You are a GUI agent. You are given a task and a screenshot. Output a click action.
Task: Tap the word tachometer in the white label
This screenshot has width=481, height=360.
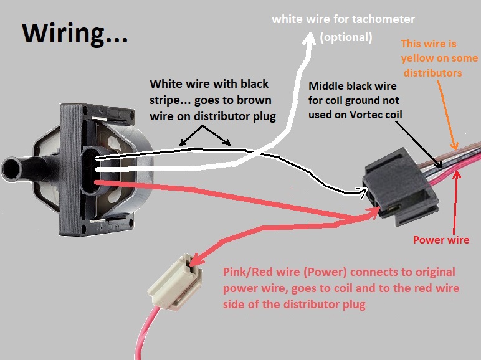click(383, 19)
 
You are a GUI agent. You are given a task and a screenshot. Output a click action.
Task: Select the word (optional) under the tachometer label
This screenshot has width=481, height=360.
click(346, 37)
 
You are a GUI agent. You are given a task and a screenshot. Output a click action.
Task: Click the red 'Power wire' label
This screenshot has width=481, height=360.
click(441, 240)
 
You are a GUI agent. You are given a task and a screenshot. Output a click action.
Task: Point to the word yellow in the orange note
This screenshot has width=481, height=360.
click(417, 58)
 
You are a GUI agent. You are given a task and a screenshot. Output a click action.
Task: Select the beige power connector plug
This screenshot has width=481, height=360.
click(175, 282)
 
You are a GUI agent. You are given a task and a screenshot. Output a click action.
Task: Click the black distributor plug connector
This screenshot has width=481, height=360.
click(401, 187)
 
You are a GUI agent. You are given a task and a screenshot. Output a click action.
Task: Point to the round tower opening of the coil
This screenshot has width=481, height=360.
click(12, 169)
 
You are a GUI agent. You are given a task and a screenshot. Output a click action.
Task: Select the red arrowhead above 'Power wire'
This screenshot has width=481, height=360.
click(457, 176)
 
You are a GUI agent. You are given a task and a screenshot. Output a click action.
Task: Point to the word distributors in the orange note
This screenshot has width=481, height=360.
click(432, 73)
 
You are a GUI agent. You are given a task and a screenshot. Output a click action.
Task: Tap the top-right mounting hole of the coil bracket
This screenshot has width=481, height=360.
click(132, 117)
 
